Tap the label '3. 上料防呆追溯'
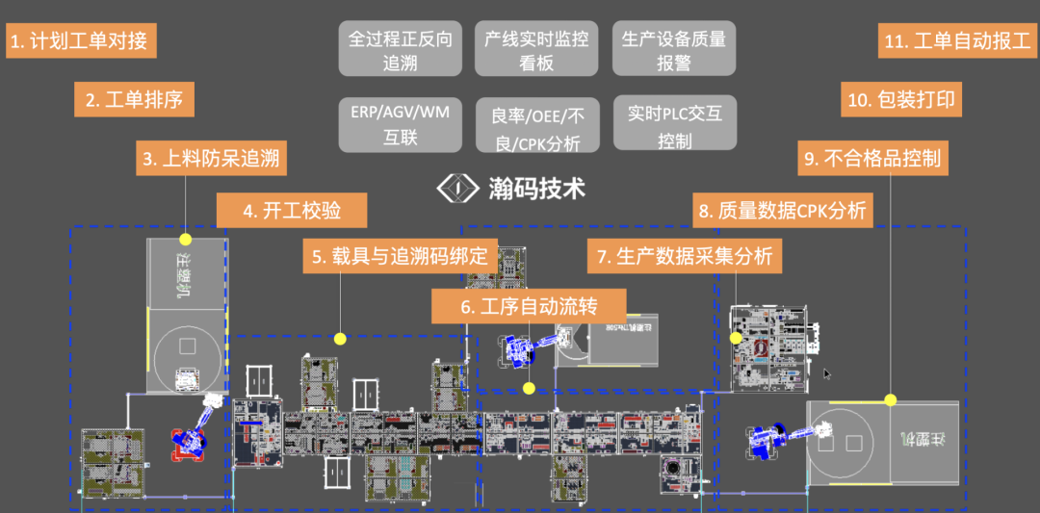coord(211,159)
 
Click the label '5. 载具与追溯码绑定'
coord(402,257)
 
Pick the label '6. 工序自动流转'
coord(528,307)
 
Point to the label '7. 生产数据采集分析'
coord(685,257)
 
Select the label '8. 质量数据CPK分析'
coord(783,210)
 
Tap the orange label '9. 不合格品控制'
coord(872,159)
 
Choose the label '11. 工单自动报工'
coord(956,42)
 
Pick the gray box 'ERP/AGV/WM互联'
coord(400,125)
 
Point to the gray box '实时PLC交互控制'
coord(674,125)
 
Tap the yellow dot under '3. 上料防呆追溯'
coord(186,239)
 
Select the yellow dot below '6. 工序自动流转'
coord(528,388)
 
